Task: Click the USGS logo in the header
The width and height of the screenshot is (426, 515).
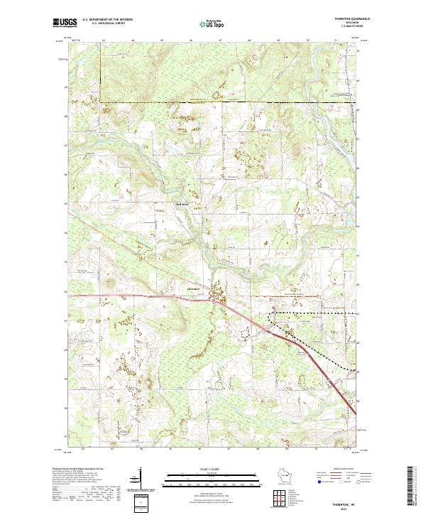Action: pyautogui.click(x=65, y=23)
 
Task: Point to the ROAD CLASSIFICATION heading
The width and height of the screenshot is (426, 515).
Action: pyautogui.click(x=341, y=469)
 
